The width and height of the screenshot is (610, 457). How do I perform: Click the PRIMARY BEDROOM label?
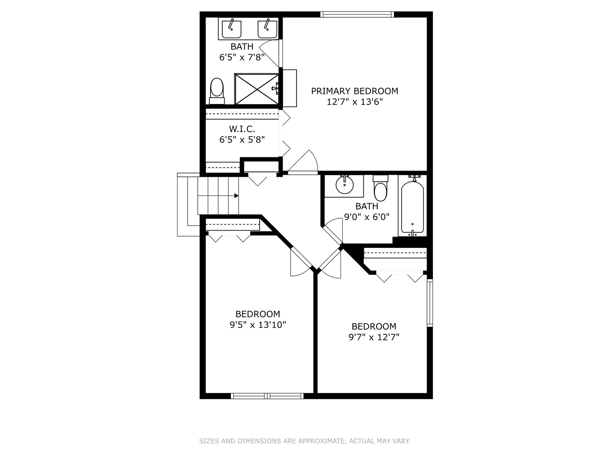click(355, 91)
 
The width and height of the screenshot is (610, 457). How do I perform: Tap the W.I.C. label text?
click(242, 129)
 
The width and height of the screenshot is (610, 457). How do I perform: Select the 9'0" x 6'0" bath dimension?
click(366, 217)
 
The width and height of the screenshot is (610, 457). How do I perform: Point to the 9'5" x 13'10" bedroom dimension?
click(258, 325)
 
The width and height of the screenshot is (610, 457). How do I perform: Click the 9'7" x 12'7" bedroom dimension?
click(374, 337)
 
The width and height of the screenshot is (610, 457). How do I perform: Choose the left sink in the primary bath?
click(232, 28)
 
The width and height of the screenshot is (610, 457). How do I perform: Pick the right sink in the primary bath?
click(267, 28)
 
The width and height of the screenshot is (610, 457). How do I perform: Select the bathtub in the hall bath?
click(412, 207)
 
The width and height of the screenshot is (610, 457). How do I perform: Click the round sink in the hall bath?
click(344, 185)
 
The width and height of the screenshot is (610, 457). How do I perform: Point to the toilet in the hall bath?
click(380, 189)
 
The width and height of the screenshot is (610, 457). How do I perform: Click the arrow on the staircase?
click(236, 195)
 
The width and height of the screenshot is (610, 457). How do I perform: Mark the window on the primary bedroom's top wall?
click(357, 14)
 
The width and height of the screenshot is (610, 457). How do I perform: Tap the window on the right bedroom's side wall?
click(430, 303)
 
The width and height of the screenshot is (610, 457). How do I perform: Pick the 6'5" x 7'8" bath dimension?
click(242, 57)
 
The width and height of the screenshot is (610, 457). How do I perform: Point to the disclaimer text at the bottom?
click(305, 441)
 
